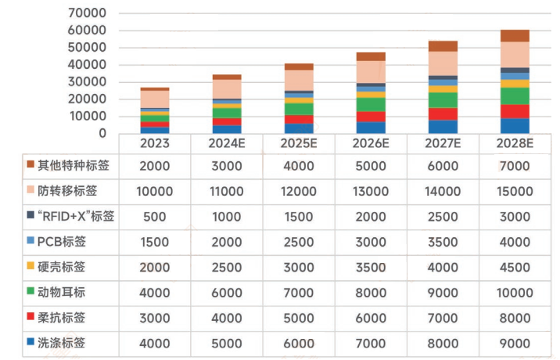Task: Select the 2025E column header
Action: pyautogui.click(x=300, y=144)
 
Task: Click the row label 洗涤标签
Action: pyautogui.click(x=60, y=343)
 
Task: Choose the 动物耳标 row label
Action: pyautogui.click(x=60, y=292)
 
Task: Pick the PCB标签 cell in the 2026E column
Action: pyautogui.click(x=372, y=242)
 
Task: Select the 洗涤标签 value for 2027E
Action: pyautogui.click(x=442, y=343)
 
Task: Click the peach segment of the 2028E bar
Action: pyautogui.click(x=515, y=54)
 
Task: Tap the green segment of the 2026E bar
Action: pyautogui.click(x=371, y=104)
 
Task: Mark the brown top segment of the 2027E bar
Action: pyautogui.click(x=443, y=46)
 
